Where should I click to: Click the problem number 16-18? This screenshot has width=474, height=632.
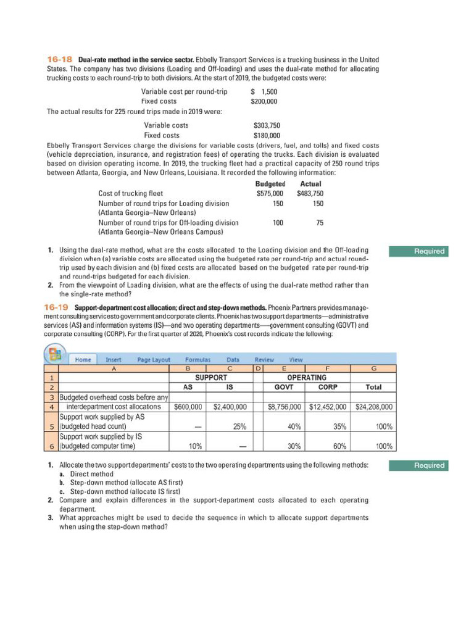coord(60,58)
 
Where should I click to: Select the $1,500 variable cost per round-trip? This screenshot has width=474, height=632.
coord(266,92)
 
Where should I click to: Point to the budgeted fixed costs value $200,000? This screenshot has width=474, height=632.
coord(266,101)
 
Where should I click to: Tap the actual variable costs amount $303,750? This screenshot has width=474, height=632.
coord(267,125)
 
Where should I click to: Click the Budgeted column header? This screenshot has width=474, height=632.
coord(270,184)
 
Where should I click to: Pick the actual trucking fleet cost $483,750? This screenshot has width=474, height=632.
coord(310,193)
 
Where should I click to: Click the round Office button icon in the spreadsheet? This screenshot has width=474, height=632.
coord(52,353)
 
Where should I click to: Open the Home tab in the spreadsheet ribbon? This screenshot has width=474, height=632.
coord(83,359)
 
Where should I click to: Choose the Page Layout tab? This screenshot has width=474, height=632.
coord(153,359)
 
